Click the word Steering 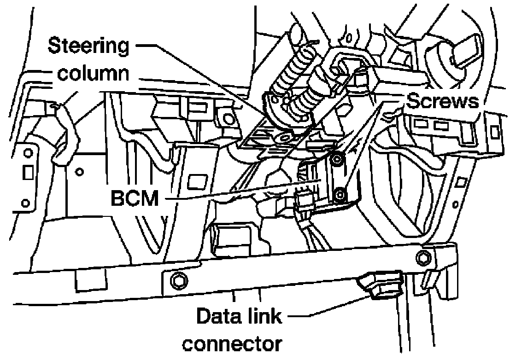88,46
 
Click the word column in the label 93,74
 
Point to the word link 265,316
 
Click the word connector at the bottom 232,344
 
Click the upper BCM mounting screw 336,160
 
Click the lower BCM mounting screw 338,195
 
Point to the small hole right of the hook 80,171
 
